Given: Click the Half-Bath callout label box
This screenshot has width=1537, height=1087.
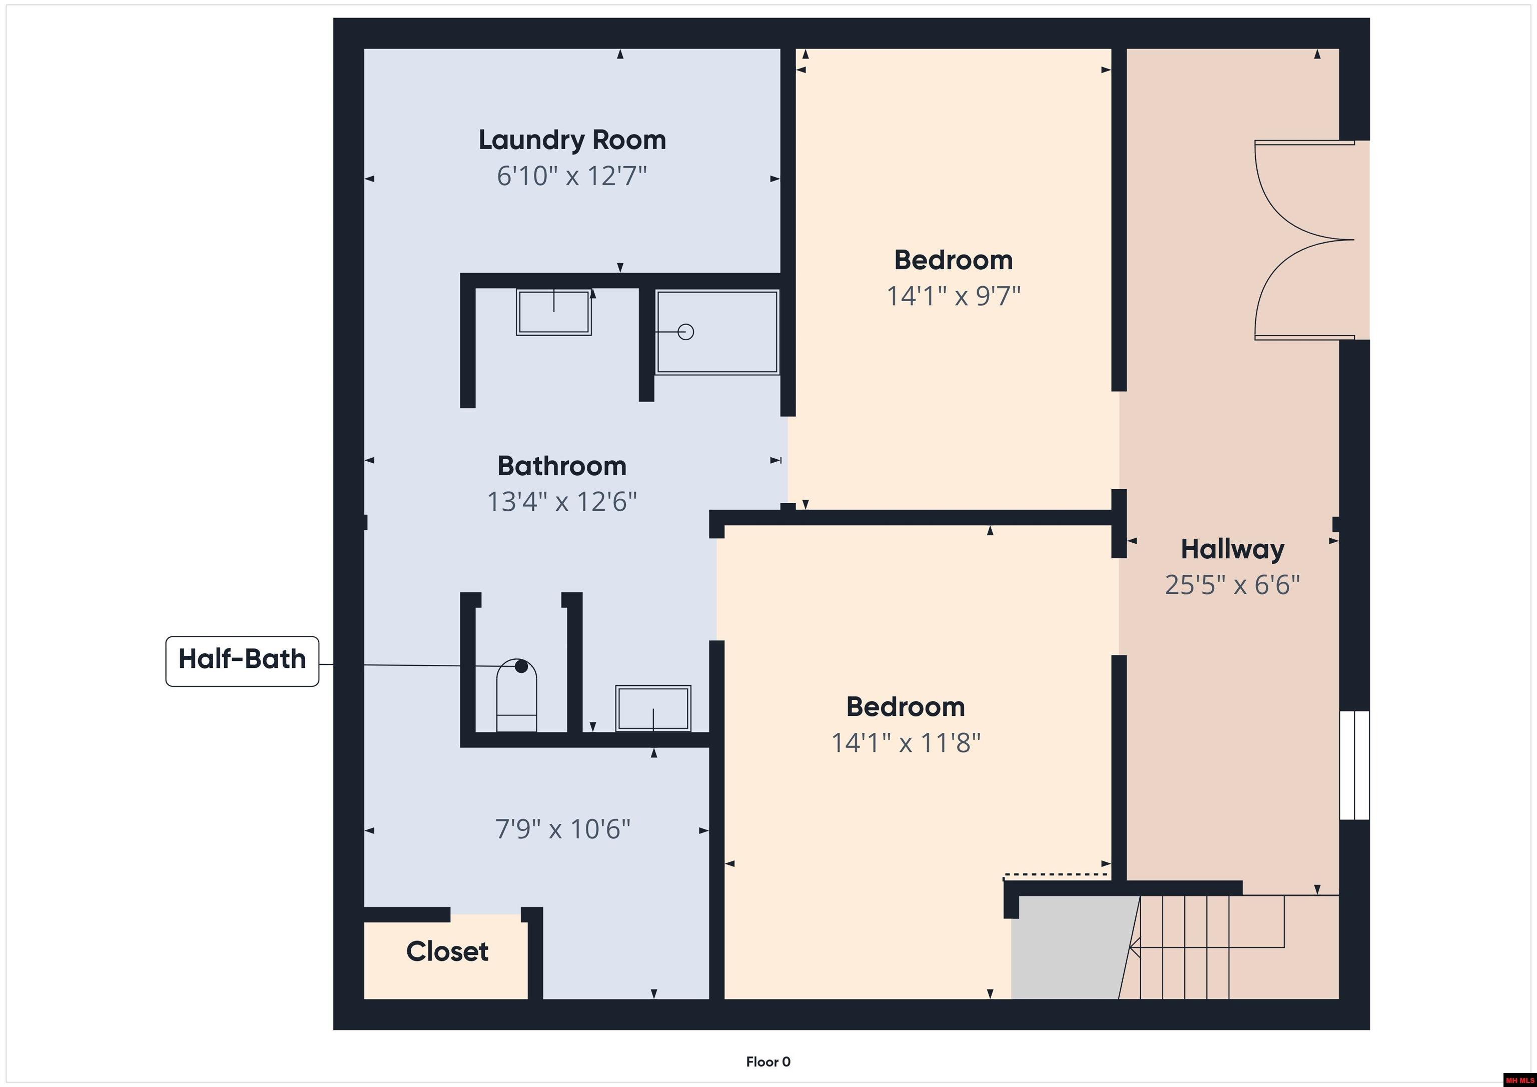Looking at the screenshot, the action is (242, 661).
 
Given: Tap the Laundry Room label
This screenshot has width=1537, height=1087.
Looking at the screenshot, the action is (572, 141).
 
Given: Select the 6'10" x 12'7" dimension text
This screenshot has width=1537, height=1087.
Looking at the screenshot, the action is (572, 177).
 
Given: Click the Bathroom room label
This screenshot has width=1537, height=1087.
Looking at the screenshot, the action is (562, 466).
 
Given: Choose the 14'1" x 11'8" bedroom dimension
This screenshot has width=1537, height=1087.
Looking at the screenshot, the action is (906, 743).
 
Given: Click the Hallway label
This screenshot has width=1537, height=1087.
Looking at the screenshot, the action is (1232, 550).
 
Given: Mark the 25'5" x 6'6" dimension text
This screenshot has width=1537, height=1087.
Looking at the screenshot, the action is (1232, 585).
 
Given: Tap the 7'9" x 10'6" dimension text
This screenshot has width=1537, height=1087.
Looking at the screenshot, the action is (562, 830).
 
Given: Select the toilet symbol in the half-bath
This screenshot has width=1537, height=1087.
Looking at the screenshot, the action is (516, 695).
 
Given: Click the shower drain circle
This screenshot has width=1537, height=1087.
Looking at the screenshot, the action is (685, 331).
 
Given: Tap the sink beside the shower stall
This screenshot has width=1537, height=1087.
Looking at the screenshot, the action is (554, 312).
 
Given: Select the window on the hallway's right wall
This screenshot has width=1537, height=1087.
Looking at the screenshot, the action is (1354, 765).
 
